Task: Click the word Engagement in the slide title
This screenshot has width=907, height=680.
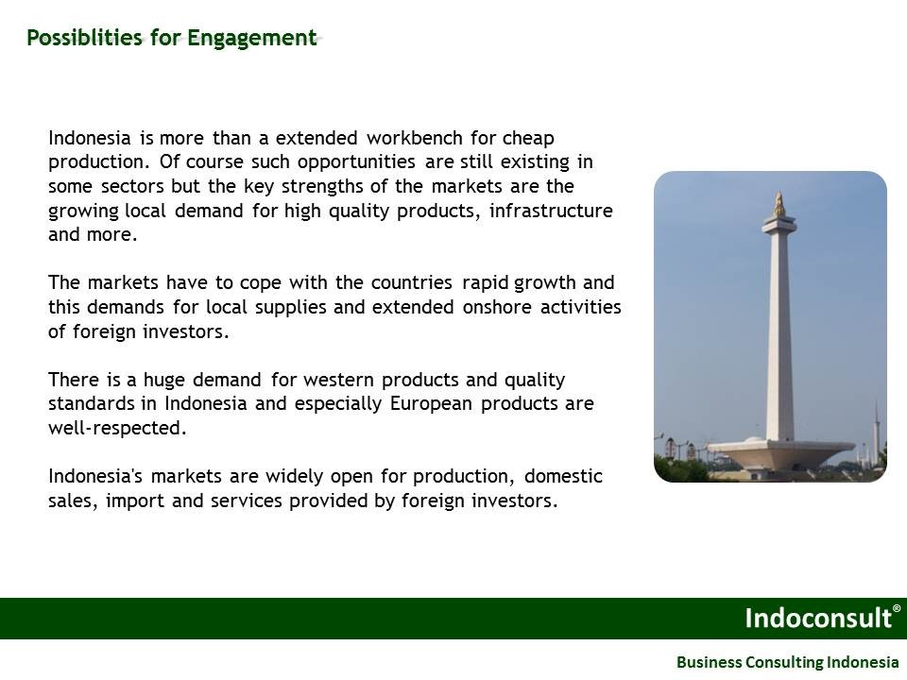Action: click(252, 39)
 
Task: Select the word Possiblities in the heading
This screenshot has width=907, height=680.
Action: click(84, 38)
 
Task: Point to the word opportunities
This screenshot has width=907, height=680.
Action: click(356, 162)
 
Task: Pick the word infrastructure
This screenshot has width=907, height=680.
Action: click(551, 211)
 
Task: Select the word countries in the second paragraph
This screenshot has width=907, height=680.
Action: click(411, 282)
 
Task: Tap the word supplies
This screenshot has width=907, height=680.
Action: click(291, 308)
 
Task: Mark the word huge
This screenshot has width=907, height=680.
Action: click(163, 381)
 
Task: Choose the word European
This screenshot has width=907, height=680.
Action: click(431, 404)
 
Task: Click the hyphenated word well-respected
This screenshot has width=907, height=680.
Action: click(117, 429)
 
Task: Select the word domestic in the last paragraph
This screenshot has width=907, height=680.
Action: click(563, 476)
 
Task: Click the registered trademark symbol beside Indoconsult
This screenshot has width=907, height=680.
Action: click(897, 608)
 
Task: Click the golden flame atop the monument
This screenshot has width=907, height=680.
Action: click(779, 205)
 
